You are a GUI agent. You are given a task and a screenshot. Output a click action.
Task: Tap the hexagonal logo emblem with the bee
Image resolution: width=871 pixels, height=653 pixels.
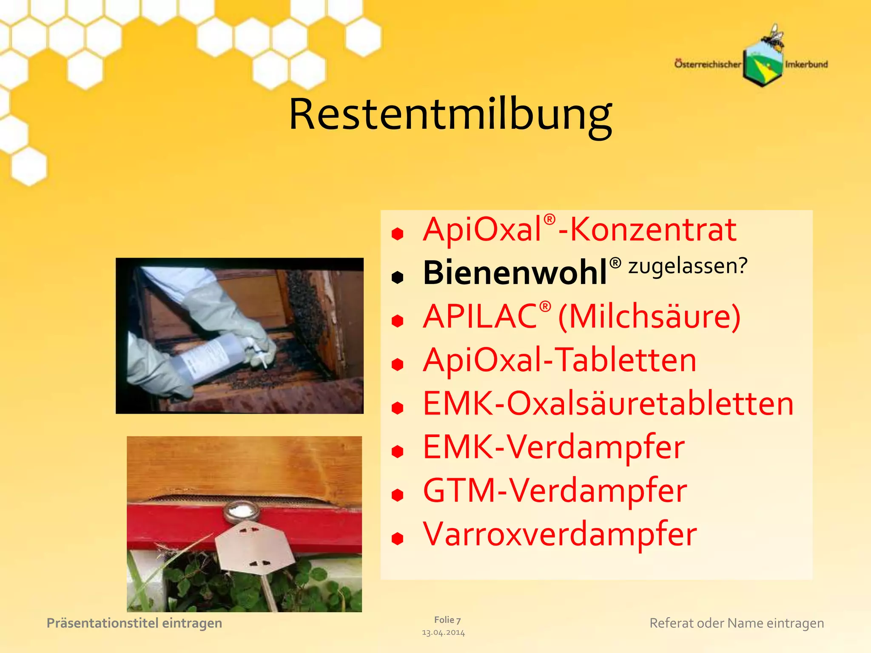point(763,64)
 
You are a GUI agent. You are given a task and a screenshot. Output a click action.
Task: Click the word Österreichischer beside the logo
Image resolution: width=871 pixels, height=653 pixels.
point(708,64)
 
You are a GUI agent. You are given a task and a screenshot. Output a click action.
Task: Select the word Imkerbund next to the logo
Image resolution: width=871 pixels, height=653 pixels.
point(806,64)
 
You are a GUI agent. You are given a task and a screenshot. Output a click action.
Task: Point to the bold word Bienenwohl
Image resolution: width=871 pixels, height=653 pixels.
point(515,273)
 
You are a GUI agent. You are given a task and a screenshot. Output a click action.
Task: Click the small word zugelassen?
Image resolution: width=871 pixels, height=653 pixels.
point(688,266)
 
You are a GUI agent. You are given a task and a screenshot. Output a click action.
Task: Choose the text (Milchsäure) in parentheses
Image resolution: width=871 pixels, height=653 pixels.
point(649,316)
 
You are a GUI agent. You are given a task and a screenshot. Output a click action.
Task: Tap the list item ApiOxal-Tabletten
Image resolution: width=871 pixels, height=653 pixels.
point(559,360)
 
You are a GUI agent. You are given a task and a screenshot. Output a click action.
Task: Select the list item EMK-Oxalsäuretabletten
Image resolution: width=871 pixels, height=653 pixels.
point(608,403)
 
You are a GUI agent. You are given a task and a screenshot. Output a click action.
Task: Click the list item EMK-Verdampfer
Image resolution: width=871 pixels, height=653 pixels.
point(553,447)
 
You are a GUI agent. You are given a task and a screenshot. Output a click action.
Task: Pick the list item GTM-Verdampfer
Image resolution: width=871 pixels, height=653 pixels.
point(555,491)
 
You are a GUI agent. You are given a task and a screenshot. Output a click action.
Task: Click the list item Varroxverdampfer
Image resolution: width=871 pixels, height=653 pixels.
point(560,534)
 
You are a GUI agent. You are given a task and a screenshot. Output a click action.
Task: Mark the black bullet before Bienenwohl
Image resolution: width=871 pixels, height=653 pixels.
point(397,277)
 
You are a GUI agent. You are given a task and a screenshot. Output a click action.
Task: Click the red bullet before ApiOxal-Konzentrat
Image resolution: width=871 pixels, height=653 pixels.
point(397,233)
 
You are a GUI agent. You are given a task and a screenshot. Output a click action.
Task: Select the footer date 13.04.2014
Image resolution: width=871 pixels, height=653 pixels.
point(443,633)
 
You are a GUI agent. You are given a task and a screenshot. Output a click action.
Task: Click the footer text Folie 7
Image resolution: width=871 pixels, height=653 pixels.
point(447,620)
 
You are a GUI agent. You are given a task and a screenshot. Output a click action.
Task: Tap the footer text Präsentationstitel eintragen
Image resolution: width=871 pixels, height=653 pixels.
point(134,623)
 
